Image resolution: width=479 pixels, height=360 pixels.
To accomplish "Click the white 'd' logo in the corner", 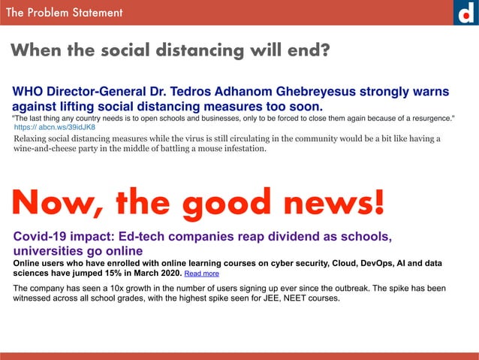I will click(x=465, y=13).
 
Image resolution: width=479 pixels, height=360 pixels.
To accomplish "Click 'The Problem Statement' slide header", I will click(x=64, y=13).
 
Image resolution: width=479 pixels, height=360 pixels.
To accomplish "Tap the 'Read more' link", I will click(x=201, y=274).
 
